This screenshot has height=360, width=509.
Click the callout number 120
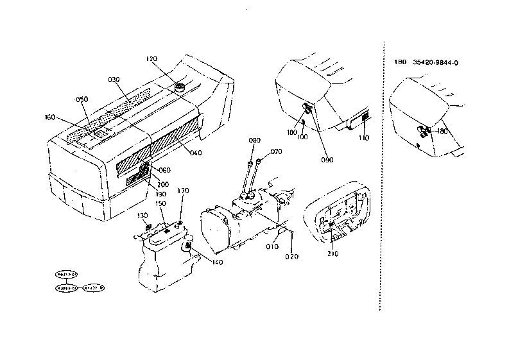coord(151,58)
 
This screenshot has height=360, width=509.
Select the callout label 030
coord(114,80)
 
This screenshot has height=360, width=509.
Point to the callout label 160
coord(49,117)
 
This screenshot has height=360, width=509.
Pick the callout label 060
coord(165,170)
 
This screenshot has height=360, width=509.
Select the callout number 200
coord(164,184)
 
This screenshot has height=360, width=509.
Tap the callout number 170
coord(183,191)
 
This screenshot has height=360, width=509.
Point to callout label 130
coord(142,215)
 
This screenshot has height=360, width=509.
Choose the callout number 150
coord(160,203)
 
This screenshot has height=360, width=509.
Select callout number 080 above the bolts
coord(255,140)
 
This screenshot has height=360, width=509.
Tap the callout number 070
coord(276,152)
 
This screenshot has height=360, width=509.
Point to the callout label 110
coord(363,138)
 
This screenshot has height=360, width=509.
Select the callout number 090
coord(327,160)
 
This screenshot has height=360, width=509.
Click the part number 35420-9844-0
coord(440,62)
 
